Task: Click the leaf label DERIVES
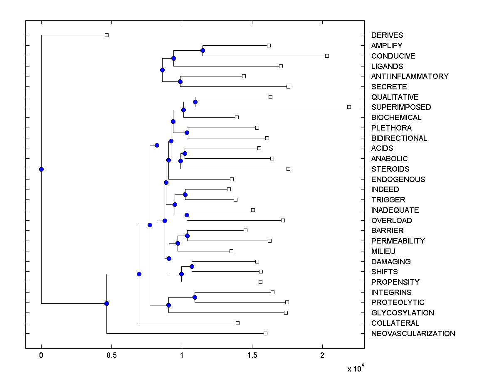(387, 35)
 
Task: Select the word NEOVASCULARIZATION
(413, 333)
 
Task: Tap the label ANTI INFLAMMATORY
(410, 76)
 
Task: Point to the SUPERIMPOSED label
(401, 107)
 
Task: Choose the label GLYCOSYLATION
(402, 313)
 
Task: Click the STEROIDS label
(390, 169)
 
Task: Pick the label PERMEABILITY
(398, 241)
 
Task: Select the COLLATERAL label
(395, 323)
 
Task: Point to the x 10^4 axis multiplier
(355, 368)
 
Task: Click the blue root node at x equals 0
(41, 169)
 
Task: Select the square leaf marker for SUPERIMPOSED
(349, 107)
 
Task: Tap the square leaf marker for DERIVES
(106, 35)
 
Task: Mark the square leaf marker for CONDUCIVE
(327, 56)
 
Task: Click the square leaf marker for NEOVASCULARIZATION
(265, 333)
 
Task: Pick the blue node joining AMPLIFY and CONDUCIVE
(203, 51)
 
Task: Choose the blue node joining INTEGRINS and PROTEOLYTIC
(195, 297)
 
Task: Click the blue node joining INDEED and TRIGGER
(185, 194)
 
